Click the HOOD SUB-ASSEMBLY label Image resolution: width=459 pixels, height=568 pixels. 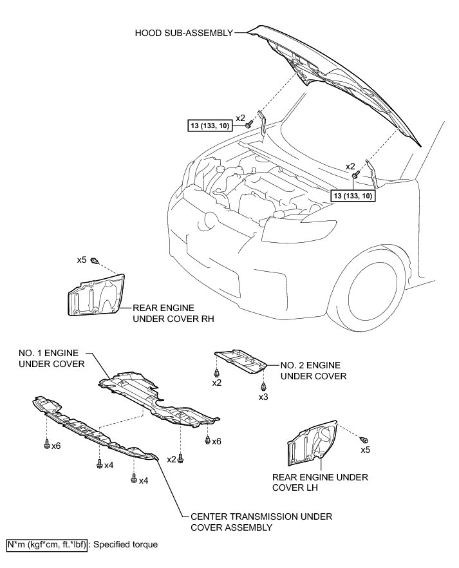[183, 32]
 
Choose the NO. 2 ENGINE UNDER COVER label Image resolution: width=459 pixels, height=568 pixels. [314, 371]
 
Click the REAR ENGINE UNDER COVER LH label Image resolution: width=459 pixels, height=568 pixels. [320, 482]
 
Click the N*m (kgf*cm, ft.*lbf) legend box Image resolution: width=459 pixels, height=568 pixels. [46, 544]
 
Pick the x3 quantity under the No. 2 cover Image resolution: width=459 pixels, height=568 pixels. [263, 397]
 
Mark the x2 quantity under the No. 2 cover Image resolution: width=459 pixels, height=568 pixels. [217, 383]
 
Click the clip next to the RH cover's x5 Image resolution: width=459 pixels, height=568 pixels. [95, 261]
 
